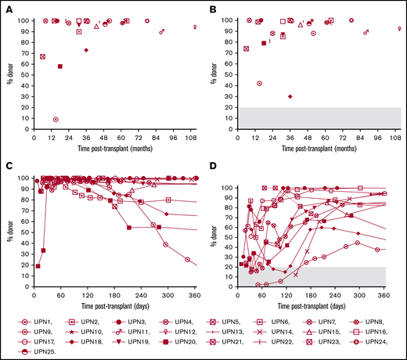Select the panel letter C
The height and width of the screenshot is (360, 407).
[9, 167]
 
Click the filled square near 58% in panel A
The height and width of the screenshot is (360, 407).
[60, 67]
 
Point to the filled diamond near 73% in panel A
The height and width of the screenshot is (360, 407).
[86, 50]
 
